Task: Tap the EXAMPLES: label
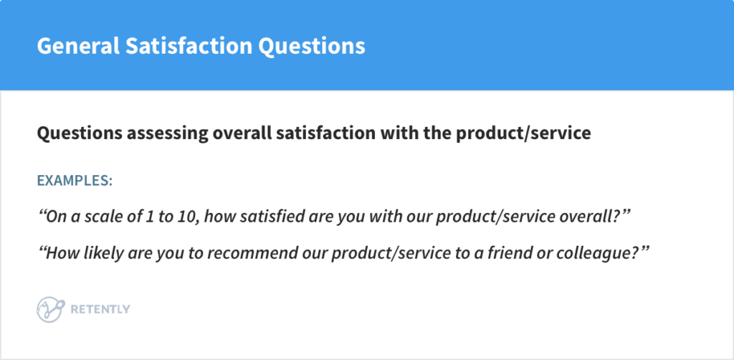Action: [x=75, y=180]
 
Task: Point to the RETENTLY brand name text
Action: [x=100, y=309]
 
